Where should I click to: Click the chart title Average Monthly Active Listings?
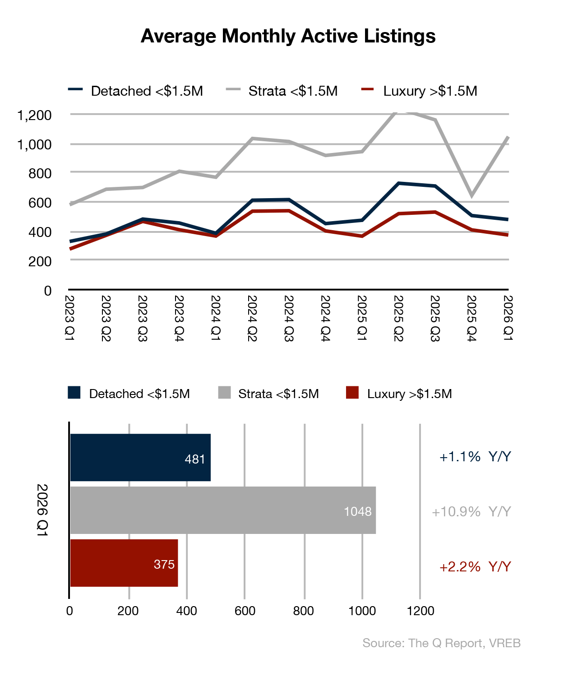coord(288,36)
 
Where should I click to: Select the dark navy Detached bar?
coord(140,457)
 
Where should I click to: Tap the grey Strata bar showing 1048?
coord(223,510)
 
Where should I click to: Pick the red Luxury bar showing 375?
coord(124,563)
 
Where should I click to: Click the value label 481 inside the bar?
coord(195,459)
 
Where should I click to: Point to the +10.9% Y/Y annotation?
coord(471,512)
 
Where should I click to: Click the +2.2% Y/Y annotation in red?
coord(475,567)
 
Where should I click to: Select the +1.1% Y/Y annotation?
coord(475,457)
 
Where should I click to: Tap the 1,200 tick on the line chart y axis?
coord(34,116)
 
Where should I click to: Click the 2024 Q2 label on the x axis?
coord(252,318)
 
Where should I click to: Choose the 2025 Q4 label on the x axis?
coord(472,318)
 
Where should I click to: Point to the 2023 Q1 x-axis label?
coord(69,318)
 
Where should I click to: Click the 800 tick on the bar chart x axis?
coord(303,611)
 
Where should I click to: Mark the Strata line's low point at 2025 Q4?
coord(472,195)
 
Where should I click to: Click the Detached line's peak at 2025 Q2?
coord(398,183)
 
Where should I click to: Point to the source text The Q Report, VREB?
coord(441,643)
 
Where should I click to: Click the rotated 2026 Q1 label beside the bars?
coord(42,510)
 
